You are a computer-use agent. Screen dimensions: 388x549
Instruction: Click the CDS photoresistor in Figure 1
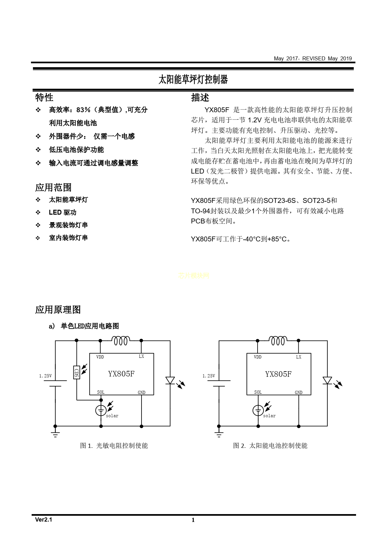[x=77, y=372]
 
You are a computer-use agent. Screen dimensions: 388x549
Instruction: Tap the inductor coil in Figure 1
[x=121, y=341]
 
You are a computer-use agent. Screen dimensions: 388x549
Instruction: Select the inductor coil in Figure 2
[x=278, y=341]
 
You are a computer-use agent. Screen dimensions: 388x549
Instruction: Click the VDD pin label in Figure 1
[x=100, y=357]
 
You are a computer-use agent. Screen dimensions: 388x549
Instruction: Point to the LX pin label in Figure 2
[x=299, y=357]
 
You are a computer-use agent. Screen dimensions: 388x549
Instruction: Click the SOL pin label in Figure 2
[x=258, y=392]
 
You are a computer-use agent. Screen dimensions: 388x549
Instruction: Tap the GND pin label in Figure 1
[x=142, y=392]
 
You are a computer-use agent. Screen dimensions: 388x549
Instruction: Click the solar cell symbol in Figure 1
[x=101, y=410]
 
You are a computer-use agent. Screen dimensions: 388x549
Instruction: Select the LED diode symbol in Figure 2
[x=327, y=380]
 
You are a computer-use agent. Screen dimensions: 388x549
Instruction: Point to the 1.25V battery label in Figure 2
[x=209, y=376]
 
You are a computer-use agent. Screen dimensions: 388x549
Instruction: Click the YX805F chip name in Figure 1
[x=121, y=374]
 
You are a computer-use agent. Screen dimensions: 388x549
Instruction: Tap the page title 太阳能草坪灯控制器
[x=193, y=79]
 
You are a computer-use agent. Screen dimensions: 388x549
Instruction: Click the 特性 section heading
[x=44, y=97]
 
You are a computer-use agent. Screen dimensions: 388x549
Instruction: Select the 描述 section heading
[x=200, y=97]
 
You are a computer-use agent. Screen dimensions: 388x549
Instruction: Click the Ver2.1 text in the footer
[x=44, y=520]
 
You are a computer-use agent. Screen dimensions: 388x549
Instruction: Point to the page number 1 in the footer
[x=193, y=520]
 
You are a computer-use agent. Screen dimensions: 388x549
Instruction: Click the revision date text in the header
[x=313, y=58]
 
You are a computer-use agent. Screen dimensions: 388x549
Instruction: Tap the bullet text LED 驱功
[x=63, y=212]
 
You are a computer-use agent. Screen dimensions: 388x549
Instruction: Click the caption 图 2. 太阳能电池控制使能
[x=270, y=446]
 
